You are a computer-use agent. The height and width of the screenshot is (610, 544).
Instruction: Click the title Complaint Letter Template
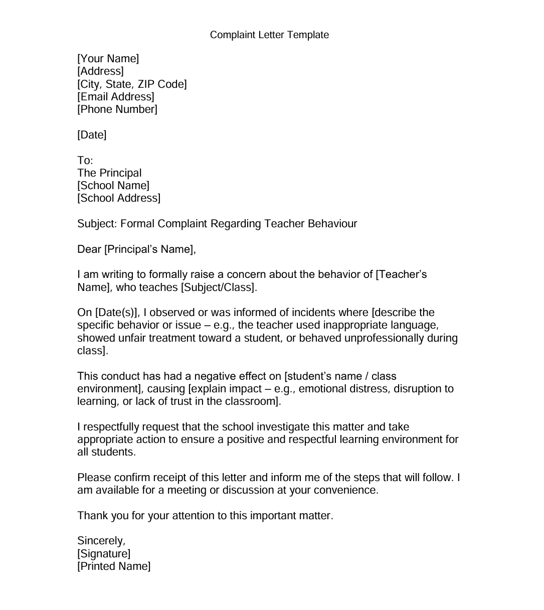click(x=269, y=35)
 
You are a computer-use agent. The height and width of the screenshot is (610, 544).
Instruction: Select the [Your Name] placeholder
click(x=108, y=59)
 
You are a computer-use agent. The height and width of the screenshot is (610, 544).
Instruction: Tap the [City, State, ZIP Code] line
click(x=132, y=84)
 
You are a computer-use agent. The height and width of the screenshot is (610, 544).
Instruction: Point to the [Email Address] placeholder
click(x=116, y=96)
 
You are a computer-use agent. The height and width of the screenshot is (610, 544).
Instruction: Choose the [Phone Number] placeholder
click(x=117, y=109)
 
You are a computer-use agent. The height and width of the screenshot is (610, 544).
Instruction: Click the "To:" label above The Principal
click(x=85, y=161)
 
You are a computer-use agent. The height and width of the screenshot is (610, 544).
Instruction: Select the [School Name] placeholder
click(x=113, y=186)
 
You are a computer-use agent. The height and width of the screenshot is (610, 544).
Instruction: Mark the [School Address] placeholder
click(x=119, y=198)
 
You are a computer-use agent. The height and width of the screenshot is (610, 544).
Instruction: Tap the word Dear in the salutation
click(x=89, y=249)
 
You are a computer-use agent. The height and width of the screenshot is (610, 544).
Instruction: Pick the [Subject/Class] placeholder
click(x=219, y=287)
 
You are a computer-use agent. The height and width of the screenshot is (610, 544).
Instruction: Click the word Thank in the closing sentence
click(x=92, y=516)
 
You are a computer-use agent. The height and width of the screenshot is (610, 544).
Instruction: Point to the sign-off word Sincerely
click(x=100, y=541)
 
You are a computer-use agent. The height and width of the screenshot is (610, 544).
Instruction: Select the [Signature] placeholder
click(x=104, y=554)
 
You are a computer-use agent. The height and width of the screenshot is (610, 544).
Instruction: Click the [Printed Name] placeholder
click(x=114, y=566)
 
